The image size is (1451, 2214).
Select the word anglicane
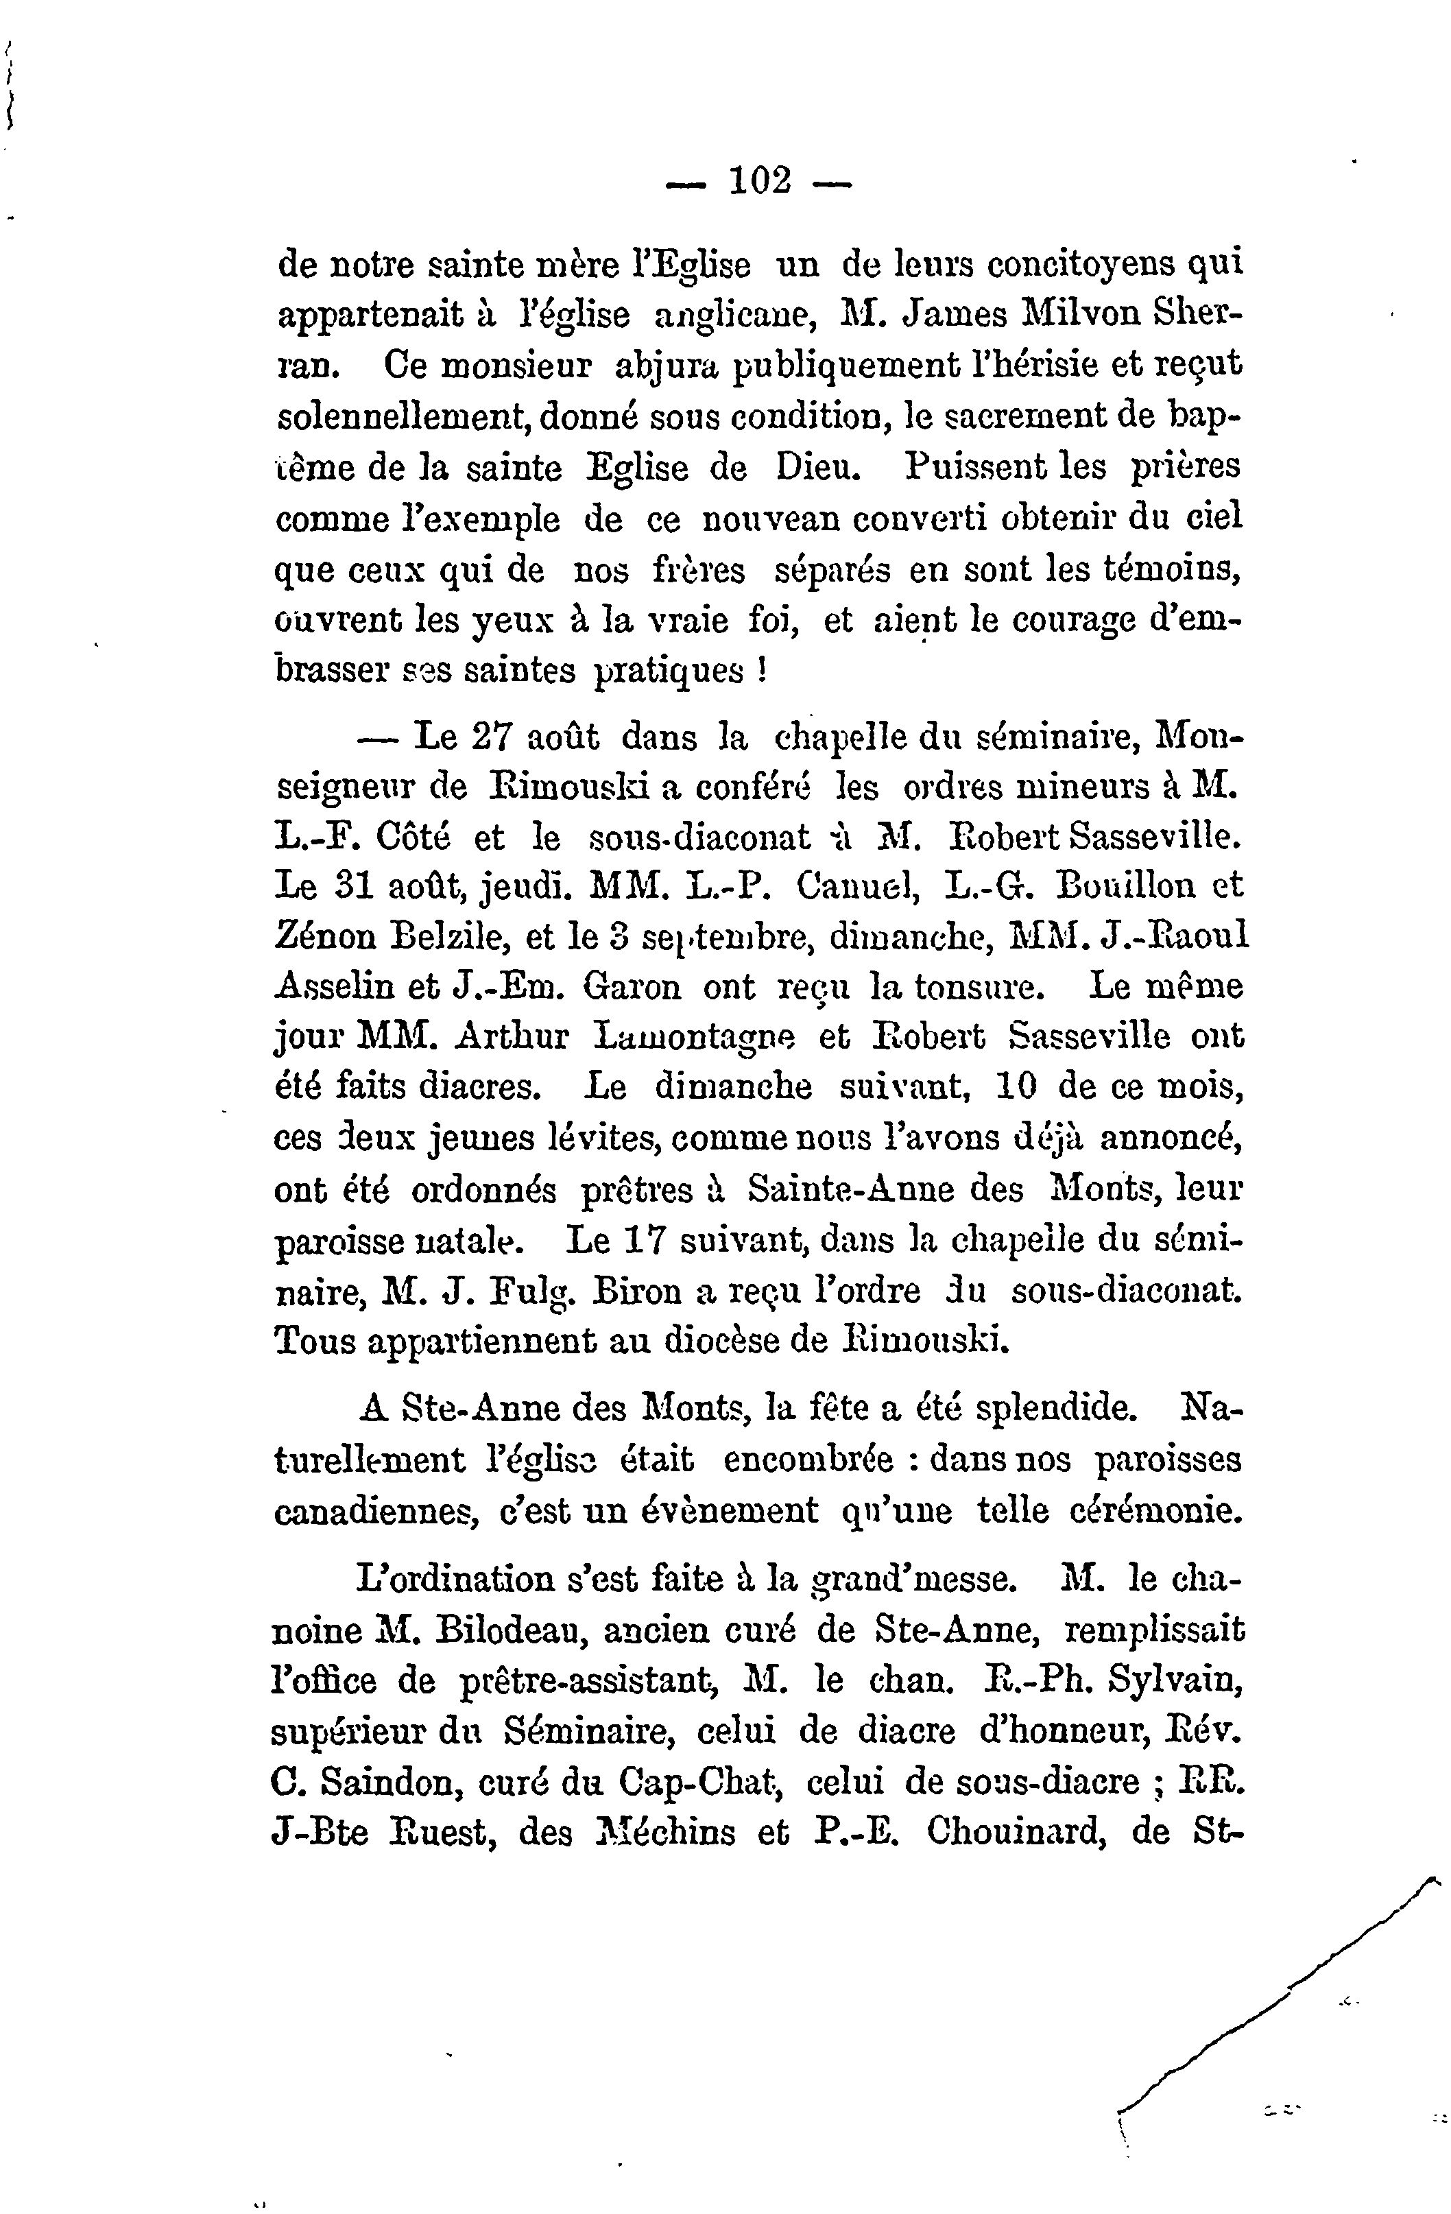click(x=736, y=316)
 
